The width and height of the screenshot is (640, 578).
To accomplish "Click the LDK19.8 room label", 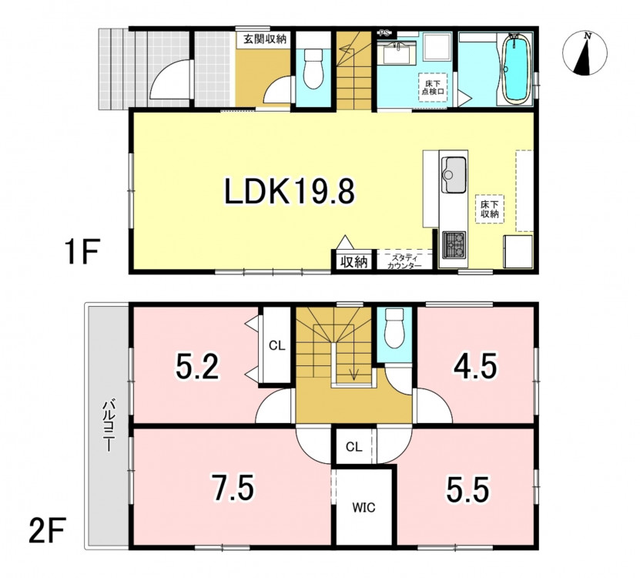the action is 290,192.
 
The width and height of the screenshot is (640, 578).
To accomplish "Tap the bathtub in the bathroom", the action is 516,69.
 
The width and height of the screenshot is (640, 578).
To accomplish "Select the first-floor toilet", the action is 313,69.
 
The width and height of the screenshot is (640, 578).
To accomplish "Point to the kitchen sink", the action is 453,174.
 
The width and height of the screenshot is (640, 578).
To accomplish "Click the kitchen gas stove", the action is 454,244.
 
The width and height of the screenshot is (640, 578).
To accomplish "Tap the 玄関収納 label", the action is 264,39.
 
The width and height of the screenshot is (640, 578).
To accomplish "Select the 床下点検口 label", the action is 433,87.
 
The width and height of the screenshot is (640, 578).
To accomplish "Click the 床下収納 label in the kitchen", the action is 489,209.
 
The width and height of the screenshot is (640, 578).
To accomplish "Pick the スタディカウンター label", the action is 404,262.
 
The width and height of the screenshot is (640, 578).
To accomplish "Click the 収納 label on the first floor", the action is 354,262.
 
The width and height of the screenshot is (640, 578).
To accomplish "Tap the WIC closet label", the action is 364,508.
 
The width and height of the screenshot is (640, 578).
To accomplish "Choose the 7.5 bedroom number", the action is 233,487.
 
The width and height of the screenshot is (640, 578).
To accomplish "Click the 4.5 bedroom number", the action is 475,366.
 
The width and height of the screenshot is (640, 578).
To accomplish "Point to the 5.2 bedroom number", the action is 198,366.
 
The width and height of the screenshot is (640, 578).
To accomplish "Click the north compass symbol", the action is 585,53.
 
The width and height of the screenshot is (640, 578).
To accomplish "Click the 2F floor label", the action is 46,529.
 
